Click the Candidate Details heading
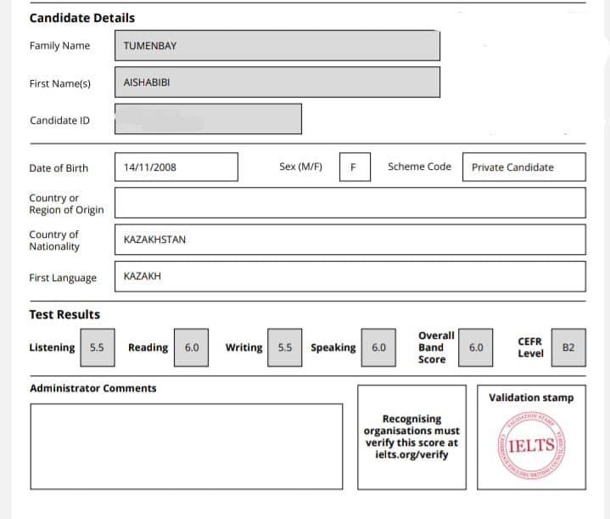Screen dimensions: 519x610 [81, 18]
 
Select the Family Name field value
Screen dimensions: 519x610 [277, 46]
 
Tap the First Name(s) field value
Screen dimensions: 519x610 [277, 82]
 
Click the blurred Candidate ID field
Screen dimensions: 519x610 [208, 119]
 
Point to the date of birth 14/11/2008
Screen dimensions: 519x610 [176, 166]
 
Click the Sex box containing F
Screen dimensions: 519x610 [353, 166]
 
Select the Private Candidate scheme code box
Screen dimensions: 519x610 [524, 166]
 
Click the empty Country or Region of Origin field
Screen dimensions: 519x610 [349, 203]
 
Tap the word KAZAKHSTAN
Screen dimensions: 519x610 [154, 240]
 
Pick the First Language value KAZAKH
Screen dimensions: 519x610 [143, 277]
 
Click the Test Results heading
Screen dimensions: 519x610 [64, 314]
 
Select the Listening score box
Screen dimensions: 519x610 [97, 347]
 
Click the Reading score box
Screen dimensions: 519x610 [192, 347]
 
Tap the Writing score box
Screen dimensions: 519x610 [285, 347]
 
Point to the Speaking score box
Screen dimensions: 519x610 [378, 347]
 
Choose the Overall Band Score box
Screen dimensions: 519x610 [476, 347]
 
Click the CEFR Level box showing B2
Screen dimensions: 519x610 [568, 347]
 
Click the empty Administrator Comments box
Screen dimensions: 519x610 [187, 446]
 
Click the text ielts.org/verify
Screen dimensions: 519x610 [411, 454]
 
